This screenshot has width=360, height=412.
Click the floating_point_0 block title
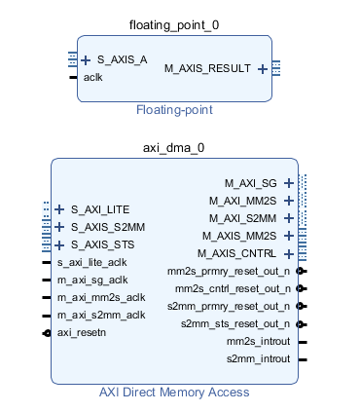tap(173, 23)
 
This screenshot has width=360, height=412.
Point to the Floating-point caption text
tap(174, 110)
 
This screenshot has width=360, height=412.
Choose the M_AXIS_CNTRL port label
tap(238, 253)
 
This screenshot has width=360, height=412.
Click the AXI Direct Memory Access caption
tap(174, 393)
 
